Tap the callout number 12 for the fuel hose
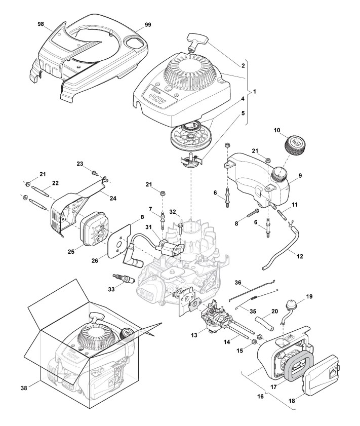point(300,256)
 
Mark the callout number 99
point(148,24)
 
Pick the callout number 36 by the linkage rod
point(237,282)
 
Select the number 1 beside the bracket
point(255,92)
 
